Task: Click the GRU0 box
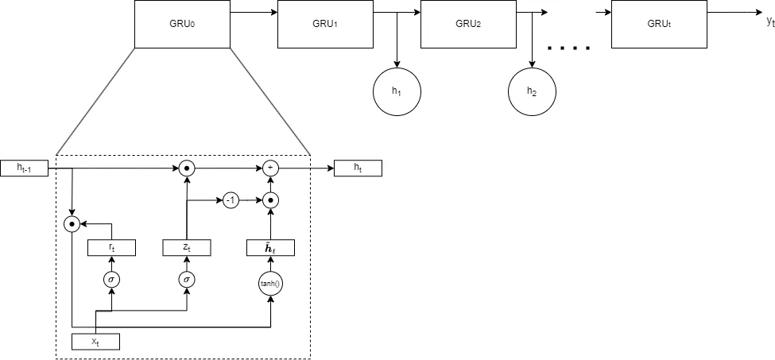tap(182, 24)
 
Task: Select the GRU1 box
tap(325, 24)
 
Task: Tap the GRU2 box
tap(468, 24)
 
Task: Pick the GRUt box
tap(659, 24)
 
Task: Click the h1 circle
tap(397, 92)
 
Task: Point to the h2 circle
tap(533, 92)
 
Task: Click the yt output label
tap(770, 21)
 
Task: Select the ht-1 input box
tap(24, 168)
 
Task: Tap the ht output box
tap(358, 168)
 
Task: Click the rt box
tap(112, 247)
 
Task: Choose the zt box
tap(187, 247)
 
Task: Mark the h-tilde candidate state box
tap(271, 247)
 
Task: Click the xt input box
tap(96, 342)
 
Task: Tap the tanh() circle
tap(271, 284)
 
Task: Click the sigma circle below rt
tap(112, 280)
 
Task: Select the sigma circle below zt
tap(187, 280)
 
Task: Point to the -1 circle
tap(231, 200)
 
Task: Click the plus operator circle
tap(270, 168)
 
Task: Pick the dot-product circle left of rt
tap(72, 224)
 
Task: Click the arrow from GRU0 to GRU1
tap(254, 13)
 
